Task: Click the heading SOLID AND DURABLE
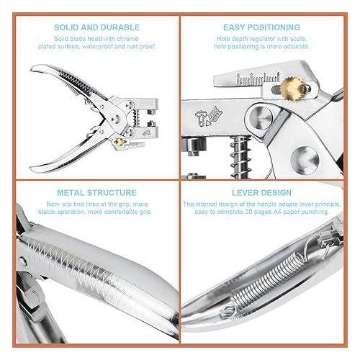coord(96,27)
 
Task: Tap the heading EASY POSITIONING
coord(261,27)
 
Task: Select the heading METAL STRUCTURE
coord(96,193)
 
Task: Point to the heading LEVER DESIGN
coord(261,193)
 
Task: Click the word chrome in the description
coord(127,39)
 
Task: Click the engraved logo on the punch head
coord(209,117)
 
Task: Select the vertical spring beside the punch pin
coord(240,157)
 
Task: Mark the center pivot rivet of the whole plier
coord(114,119)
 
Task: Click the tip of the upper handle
coord(31,69)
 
